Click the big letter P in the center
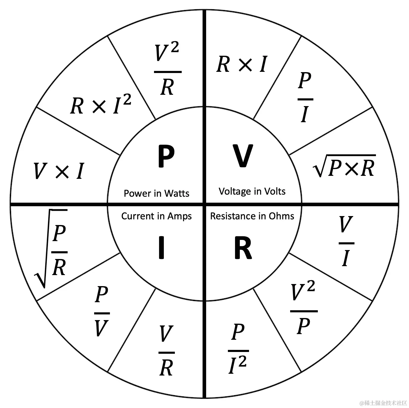[x=166, y=156]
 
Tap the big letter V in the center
[x=243, y=156]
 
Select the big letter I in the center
[x=161, y=247]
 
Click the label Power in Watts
[x=156, y=193]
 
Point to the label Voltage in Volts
[x=252, y=191]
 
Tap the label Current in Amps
[x=156, y=216]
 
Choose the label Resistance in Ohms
[x=252, y=216]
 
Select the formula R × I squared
[x=101, y=106]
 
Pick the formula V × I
[x=59, y=171]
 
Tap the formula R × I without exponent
[x=242, y=64]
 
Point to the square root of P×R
[x=344, y=167]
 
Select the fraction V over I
[x=346, y=242]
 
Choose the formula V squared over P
[x=303, y=309]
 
